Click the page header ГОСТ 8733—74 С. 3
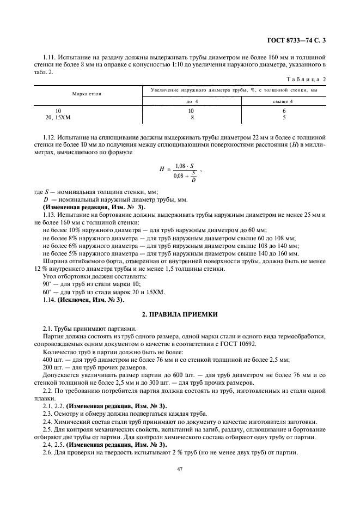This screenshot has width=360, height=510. coord(300,40)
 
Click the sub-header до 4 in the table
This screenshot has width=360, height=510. coord(192,101)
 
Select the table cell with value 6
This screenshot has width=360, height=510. coord(284,111)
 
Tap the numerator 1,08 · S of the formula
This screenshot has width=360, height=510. coord(185,166)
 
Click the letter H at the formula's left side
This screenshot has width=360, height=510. coord(162,170)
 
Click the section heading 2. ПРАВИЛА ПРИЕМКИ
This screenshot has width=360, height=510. coord(180,315)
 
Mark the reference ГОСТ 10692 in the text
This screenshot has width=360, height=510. coord(239,345)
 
